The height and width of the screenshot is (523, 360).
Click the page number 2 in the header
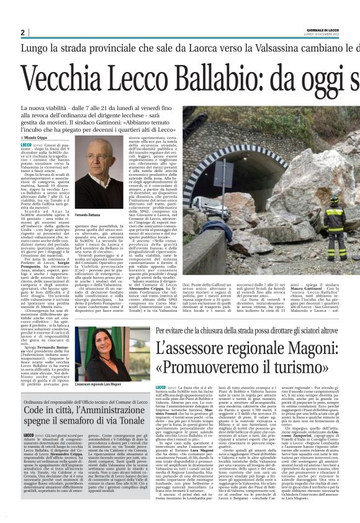click(22, 32)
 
